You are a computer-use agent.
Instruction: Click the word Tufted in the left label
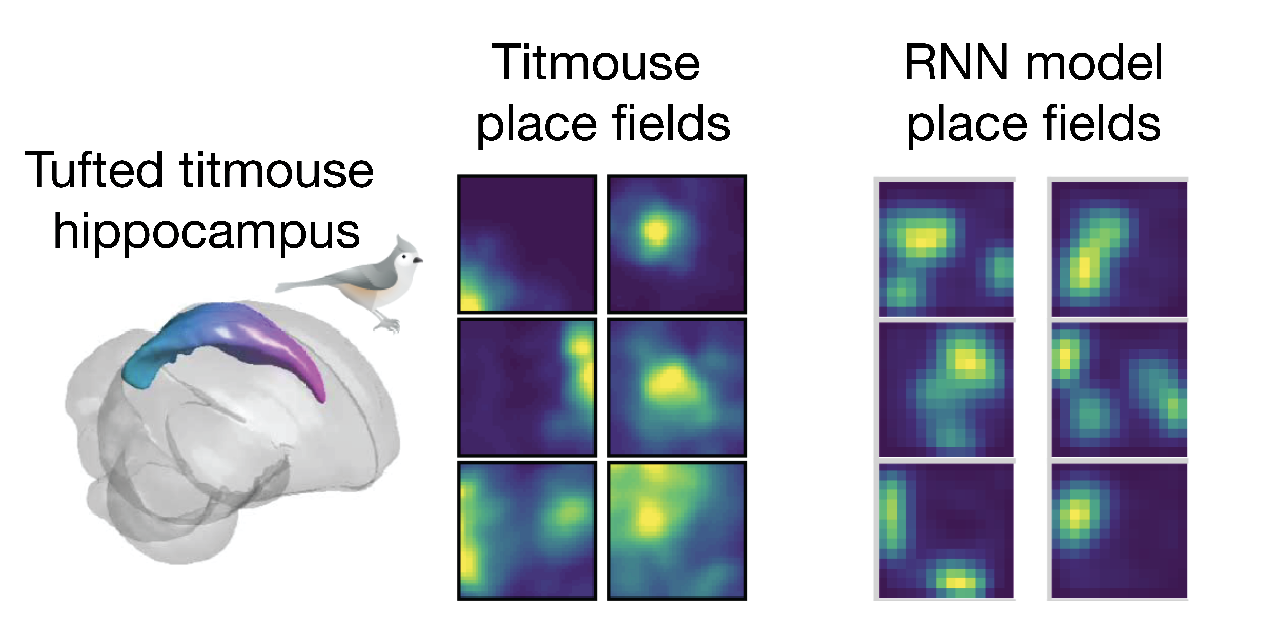[94, 171]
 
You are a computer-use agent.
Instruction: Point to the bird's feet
[387, 324]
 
